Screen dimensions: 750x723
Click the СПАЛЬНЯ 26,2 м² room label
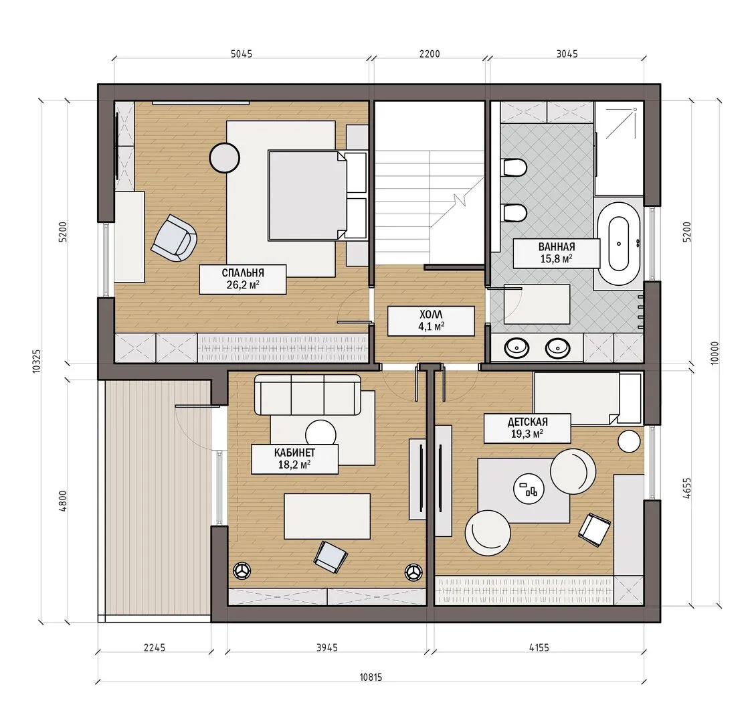[242, 279]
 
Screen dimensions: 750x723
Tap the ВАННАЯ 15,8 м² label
[556, 253]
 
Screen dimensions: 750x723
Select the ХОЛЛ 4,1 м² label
[430, 321]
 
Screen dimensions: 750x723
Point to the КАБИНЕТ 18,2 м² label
[294, 459]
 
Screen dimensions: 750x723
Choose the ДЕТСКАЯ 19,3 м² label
[527, 428]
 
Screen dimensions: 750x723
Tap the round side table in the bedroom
[224, 157]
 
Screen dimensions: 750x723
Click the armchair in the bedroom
[174, 238]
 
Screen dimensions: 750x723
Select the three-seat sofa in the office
[308, 395]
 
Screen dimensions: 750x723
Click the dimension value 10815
[371, 677]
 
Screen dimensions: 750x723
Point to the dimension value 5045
[241, 54]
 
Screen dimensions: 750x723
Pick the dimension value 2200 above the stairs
[429, 54]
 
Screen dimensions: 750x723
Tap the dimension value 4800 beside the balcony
[63, 501]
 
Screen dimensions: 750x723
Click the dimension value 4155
[539, 647]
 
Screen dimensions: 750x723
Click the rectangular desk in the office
[327, 517]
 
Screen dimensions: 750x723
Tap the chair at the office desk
[330, 557]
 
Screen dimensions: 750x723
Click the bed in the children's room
[587, 398]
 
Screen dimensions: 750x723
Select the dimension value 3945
[326, 647]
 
